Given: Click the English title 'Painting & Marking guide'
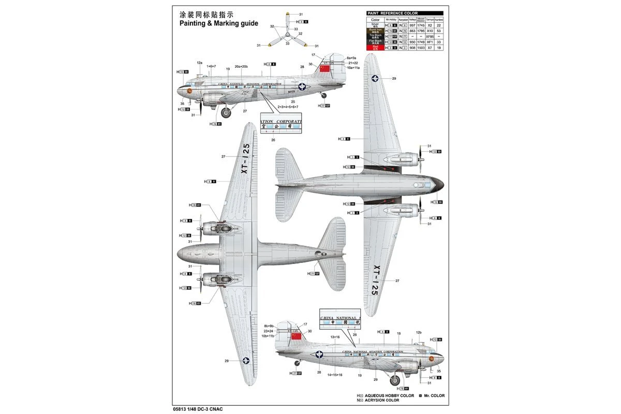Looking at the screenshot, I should pos(218,24).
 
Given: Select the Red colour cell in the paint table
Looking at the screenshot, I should pos(375,47).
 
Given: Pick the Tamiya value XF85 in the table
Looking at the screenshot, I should pos(430,36).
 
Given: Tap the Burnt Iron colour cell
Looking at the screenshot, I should pos(375,31).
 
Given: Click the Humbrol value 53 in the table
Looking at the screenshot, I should pos(438,31).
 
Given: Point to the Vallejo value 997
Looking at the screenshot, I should pos(412,25).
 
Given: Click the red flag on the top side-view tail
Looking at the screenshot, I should pos(324,69).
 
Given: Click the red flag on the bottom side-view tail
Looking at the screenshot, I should pos(295,336).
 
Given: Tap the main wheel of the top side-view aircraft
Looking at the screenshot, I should pos(226,112).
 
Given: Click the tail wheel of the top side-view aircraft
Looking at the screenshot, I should pos(324,95).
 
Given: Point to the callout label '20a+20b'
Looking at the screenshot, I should pos(241,66).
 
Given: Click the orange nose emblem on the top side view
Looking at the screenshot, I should pos(189,91).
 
